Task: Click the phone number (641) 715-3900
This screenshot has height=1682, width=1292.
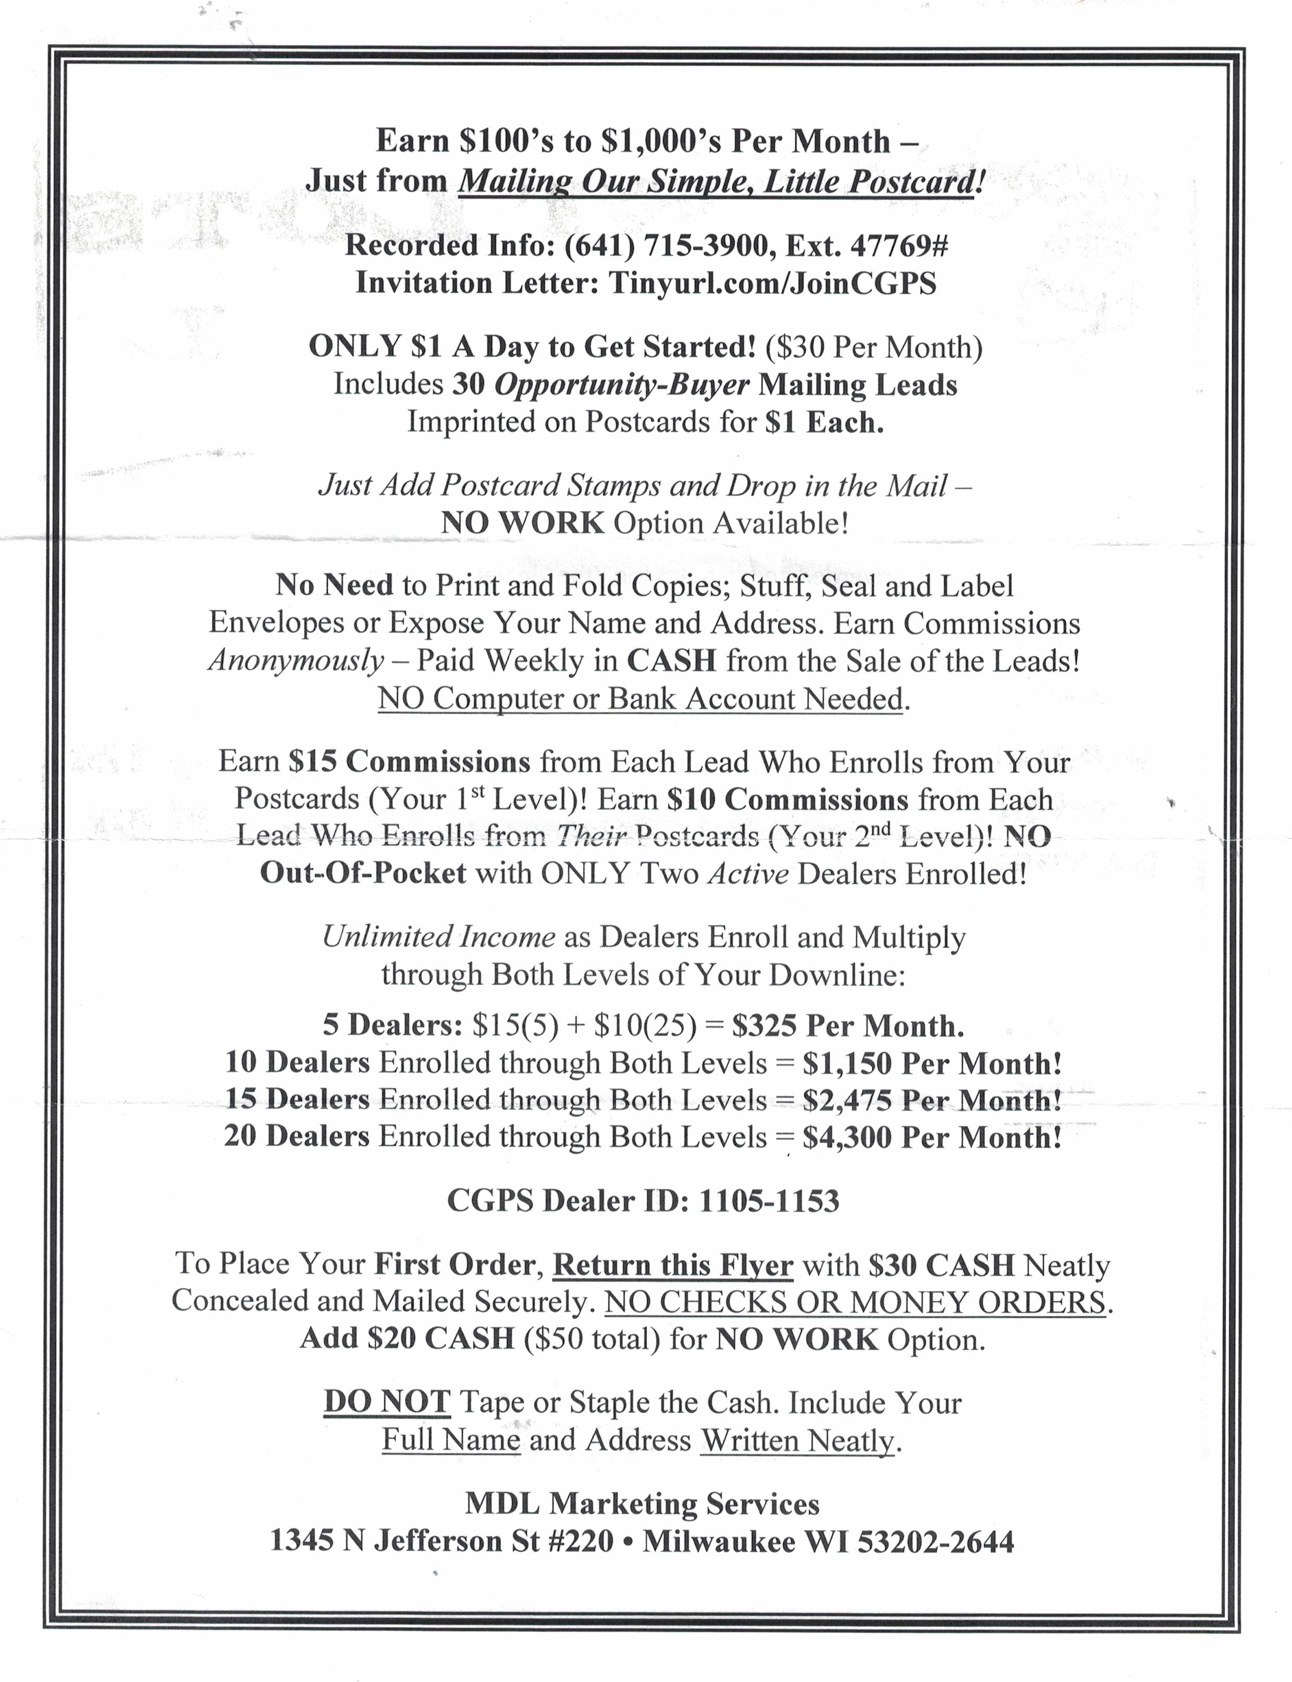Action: (667, 245)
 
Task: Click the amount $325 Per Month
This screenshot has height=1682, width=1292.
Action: (847, 1026)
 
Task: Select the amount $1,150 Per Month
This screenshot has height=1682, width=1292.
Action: (932, 1063)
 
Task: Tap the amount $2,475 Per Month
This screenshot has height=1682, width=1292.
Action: (932, 1100)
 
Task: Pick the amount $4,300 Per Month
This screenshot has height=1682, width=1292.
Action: (932, 1137)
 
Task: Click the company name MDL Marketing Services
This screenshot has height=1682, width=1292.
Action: (642, 1504)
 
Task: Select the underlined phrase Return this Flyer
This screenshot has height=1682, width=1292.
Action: (672, 1265)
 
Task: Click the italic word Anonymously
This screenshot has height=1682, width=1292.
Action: (296, 661)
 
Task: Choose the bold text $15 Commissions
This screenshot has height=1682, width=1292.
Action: (409, 761)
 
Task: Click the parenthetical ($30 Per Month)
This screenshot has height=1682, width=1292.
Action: (873, 347)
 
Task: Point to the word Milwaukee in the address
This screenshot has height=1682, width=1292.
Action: (719, 1541)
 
